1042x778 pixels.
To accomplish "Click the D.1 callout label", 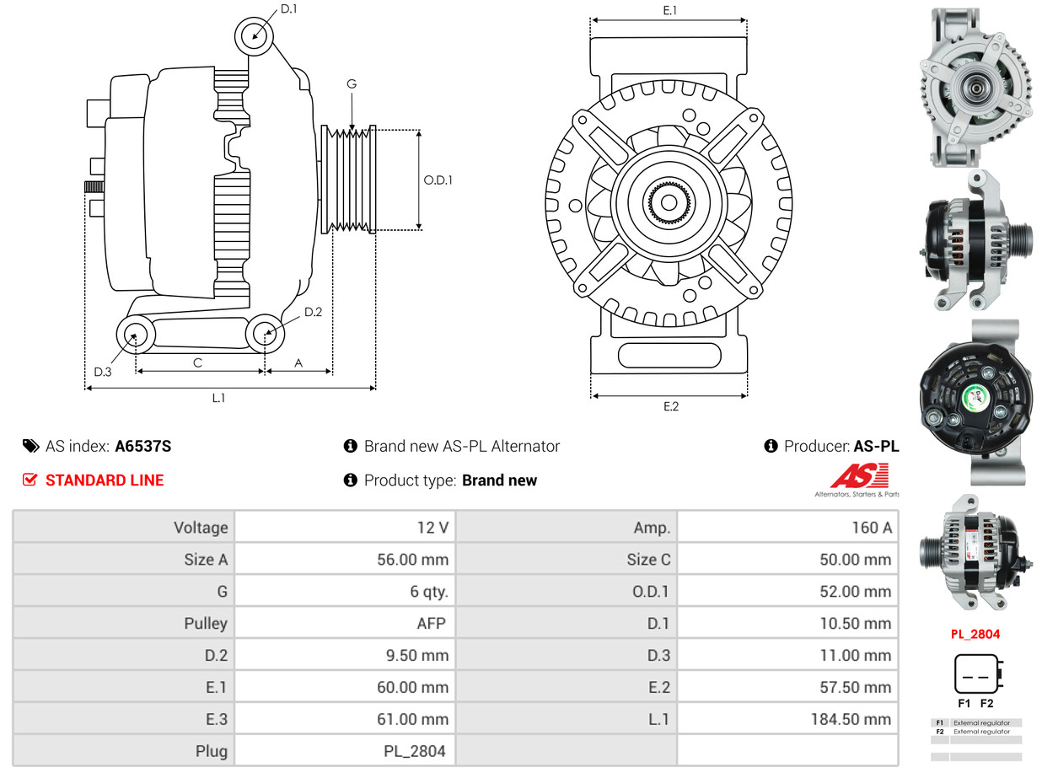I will pos(288,8).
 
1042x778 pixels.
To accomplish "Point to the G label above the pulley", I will pos(352,83).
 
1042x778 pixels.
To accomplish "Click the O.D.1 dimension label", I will pos(438,180).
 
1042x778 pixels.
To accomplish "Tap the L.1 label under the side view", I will pos(218,398).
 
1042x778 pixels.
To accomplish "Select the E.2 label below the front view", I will pos(670,406).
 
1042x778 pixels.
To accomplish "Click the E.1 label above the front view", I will pos(670,10).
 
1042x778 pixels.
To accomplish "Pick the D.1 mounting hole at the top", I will pos(254,36).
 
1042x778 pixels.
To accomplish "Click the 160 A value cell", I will pos(871,528).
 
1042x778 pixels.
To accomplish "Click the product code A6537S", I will pos(143,447).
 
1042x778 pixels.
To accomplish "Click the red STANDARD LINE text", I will pos(105,480).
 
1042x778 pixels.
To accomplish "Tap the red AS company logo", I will pos(860,476).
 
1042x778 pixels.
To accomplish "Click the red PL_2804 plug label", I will pos(975,634).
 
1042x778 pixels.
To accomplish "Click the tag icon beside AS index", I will pos(30,447).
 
